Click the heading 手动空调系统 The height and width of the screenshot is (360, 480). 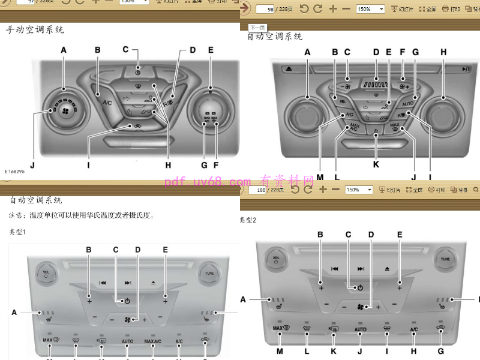pos(35,29)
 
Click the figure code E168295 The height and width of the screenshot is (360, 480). pos(15,171)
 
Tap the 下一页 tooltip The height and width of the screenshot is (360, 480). pos(258,28)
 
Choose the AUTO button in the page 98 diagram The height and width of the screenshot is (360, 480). pos(408,103)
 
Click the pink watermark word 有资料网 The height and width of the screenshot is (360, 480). pos(287,181)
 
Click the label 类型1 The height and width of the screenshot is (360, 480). pos(18,232)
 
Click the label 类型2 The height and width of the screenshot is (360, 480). pos(248,220)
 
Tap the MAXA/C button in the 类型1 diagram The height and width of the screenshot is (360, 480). pos(152,341)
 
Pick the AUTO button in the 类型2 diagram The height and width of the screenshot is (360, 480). pos(361,329)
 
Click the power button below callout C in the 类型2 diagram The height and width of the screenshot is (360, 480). pos(360,288)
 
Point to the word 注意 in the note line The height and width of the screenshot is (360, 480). pos(16,215)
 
